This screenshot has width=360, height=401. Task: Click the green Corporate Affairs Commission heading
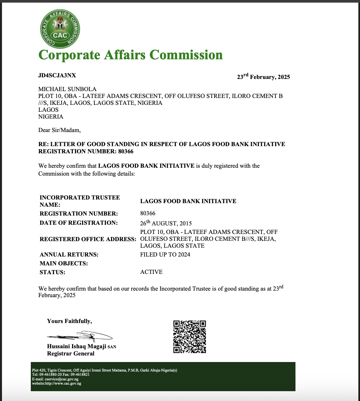point(130,55)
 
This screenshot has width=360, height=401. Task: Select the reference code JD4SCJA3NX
point(57,75)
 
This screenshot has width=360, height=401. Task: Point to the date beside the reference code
point(263,77)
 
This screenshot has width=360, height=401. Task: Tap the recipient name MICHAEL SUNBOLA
point(67,89)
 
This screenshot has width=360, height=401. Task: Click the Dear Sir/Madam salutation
point(59,130)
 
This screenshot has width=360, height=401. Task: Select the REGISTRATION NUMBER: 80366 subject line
point(86,151)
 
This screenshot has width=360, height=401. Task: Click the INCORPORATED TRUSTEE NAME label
point(80,201)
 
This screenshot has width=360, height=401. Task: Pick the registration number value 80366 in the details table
point(148,213)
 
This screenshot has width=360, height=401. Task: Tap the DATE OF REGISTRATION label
point(78,223)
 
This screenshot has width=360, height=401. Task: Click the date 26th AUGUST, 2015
point(166,223)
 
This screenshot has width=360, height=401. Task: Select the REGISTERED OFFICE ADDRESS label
point(88,239)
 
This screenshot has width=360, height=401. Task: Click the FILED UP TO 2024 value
point(165,255)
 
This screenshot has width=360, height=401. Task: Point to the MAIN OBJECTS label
point(64,263)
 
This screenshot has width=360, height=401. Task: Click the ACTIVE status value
point(151,272)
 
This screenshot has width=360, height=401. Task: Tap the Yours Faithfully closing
point(69,321)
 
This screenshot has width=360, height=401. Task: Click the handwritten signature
point(80,336)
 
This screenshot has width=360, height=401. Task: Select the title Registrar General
point(71,353)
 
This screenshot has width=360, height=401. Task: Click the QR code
point(189,337)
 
